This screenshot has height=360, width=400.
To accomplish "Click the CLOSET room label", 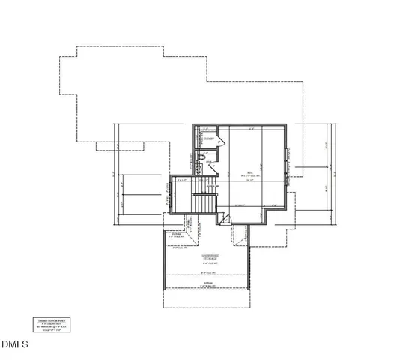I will [209, 139].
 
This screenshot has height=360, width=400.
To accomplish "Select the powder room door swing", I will [213, 169].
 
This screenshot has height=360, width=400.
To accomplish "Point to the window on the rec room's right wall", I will [288, 160].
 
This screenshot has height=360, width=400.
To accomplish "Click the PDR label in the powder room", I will [209, 163].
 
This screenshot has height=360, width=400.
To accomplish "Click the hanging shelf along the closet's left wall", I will [199, 139].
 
